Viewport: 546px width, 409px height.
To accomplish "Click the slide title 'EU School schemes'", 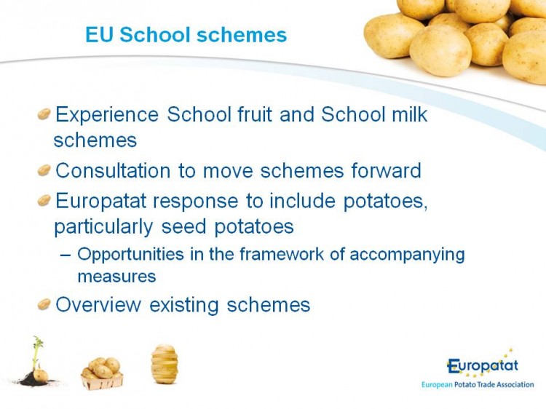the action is [186, 35].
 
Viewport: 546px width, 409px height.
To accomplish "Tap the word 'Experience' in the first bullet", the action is [107, 115].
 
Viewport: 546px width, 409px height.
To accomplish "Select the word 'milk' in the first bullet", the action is [409, 114].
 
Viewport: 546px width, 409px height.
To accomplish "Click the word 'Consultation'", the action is [113, 170].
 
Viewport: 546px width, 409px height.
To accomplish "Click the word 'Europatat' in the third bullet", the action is [101, 202].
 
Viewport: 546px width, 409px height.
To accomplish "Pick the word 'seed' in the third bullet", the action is [184, 226].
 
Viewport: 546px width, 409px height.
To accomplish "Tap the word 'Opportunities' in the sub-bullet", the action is [130, 255].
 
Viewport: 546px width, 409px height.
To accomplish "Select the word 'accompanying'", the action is [407, 255].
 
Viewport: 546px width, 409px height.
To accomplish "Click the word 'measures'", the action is [116, 277].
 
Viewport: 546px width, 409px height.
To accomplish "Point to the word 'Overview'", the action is [98, 305].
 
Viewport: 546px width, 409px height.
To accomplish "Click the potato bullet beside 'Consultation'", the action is [44, 170].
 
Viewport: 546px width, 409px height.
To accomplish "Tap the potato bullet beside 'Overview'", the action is [44, 304].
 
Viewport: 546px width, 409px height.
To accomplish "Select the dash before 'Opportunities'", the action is [65, 255].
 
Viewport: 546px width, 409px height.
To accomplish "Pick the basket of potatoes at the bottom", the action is [102, 373].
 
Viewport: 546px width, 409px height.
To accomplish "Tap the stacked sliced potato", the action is [165, 364].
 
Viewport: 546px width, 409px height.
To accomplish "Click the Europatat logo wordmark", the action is [483, 366].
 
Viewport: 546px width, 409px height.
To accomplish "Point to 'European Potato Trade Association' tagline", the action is [478, 385].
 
